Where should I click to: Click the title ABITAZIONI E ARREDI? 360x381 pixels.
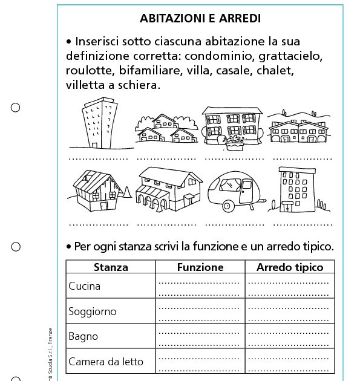tap(200, 19)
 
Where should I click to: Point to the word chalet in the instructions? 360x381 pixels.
tap(273, 71)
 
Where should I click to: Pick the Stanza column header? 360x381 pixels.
tap(111, 267)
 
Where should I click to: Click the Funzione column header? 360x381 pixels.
tap(200, 267)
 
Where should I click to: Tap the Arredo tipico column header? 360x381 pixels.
tap(290, 267)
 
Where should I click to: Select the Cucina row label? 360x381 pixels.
tap(85, 286)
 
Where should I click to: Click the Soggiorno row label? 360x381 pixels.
tap(93, 311)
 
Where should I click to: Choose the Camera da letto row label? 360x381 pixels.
tap(106, 362)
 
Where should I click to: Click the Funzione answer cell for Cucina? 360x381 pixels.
tap(200, 286)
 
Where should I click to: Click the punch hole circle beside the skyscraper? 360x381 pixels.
tap(16, 108)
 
